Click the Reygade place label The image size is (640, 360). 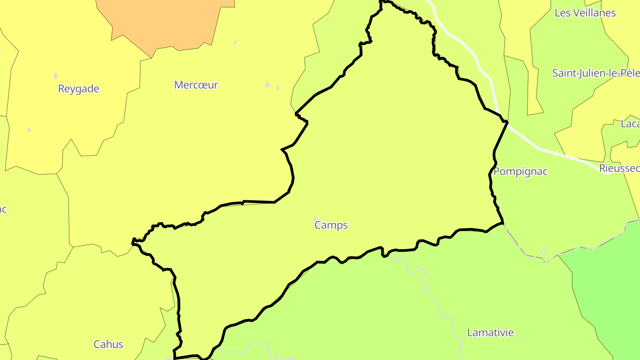click(x=79, y=89)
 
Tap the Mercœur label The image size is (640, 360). click(x=196, y=85)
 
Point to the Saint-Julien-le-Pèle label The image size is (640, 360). click(x=596, y=73)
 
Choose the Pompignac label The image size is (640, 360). click(x=520, y=172)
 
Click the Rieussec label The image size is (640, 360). click(x=619, y=168)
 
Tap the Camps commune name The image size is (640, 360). click(x=331, y=225)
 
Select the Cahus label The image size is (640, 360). click(x=108, y=344)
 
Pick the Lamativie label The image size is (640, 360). click(x=490, y=332)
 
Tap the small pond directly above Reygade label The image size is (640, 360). click(x=56, y=76)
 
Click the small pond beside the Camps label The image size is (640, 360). click(x=316, y=219)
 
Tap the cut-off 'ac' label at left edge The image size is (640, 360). click(x=3, y=209)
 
